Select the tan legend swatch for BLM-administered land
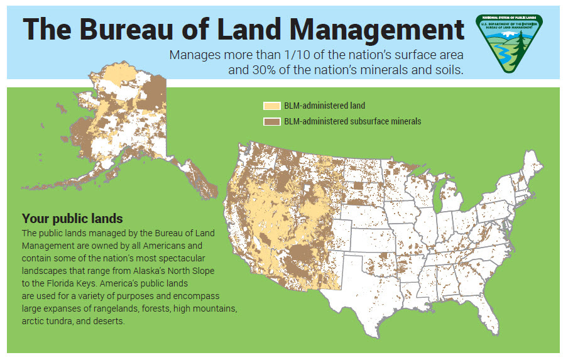[x=271, y=106]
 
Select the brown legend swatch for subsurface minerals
[x=271, y=121]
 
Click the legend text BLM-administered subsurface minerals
[x=352, y=121]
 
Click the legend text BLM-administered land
[x=324, y=106]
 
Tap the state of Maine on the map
[x=535, y=166]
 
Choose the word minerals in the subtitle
[x=374, y=70]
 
